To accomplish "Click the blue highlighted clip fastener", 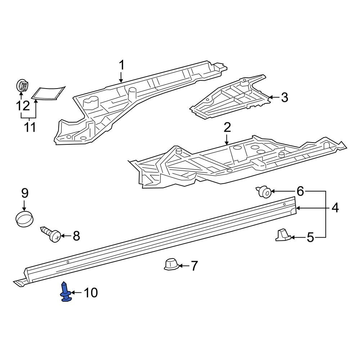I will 65,292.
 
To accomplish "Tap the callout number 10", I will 90,293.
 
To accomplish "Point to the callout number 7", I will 194,266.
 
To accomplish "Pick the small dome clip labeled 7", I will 171,265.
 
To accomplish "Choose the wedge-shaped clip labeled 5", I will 283,235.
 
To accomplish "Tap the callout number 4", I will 335,208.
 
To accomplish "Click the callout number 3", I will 284,97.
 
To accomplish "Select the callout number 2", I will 227,127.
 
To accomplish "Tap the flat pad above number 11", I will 48,93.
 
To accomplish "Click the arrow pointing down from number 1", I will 121,77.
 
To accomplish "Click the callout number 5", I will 310,237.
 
